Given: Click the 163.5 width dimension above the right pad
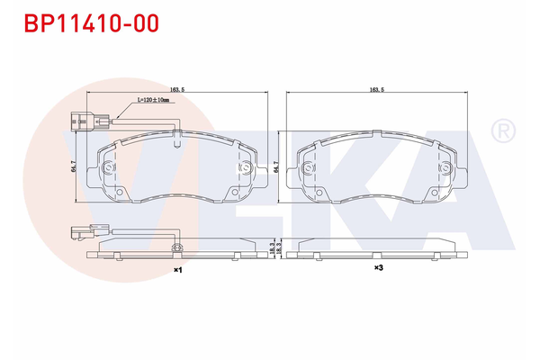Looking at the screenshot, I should click(x=377, y=90).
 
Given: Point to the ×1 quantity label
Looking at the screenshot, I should click(x=177, y=269).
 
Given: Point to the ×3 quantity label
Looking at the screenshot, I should click(x=379, y=268).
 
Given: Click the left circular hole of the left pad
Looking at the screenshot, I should click(x=109, y=168).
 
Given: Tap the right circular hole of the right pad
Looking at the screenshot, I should click(x=444, y=168).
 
